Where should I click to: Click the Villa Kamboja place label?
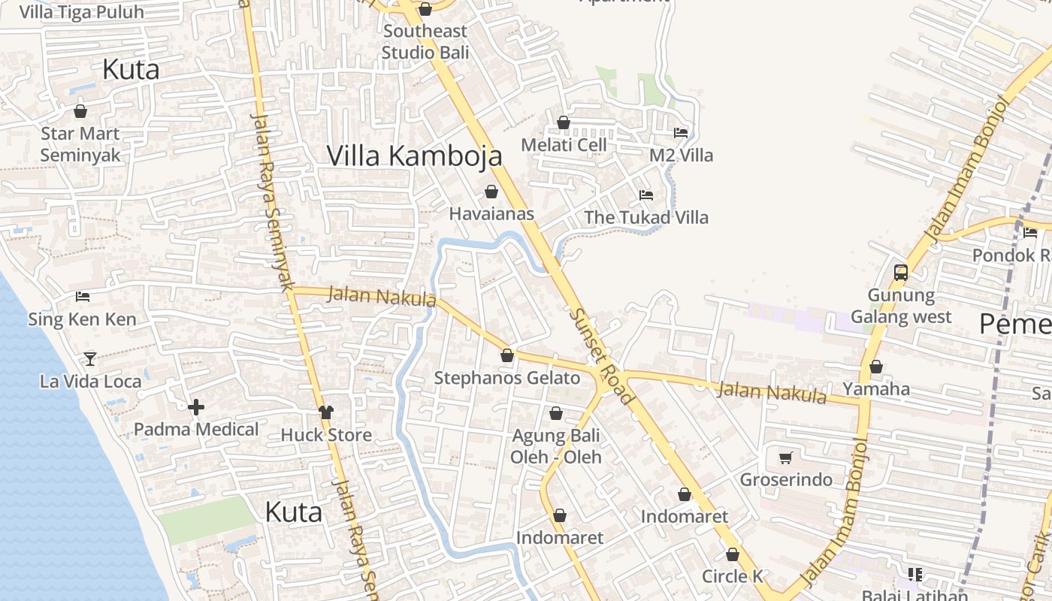414,156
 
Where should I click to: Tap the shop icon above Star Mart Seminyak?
80,111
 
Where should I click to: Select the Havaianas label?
491,213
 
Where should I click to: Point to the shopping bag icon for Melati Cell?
564,122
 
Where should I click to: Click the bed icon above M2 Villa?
681,132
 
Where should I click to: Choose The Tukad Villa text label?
646,217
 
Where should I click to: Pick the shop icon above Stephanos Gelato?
507,355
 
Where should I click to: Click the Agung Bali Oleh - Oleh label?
556,446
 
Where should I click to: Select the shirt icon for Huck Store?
326,412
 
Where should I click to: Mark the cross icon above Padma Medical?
196,407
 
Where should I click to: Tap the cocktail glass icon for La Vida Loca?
90,358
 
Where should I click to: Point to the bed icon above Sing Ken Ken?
83,297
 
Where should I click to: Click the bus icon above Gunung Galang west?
901,272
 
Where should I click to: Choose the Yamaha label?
876,388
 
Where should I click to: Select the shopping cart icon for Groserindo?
786,458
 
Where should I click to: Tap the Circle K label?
733,576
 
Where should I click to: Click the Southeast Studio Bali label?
425,41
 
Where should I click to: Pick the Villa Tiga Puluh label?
81,12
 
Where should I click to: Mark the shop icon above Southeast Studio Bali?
425,9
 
